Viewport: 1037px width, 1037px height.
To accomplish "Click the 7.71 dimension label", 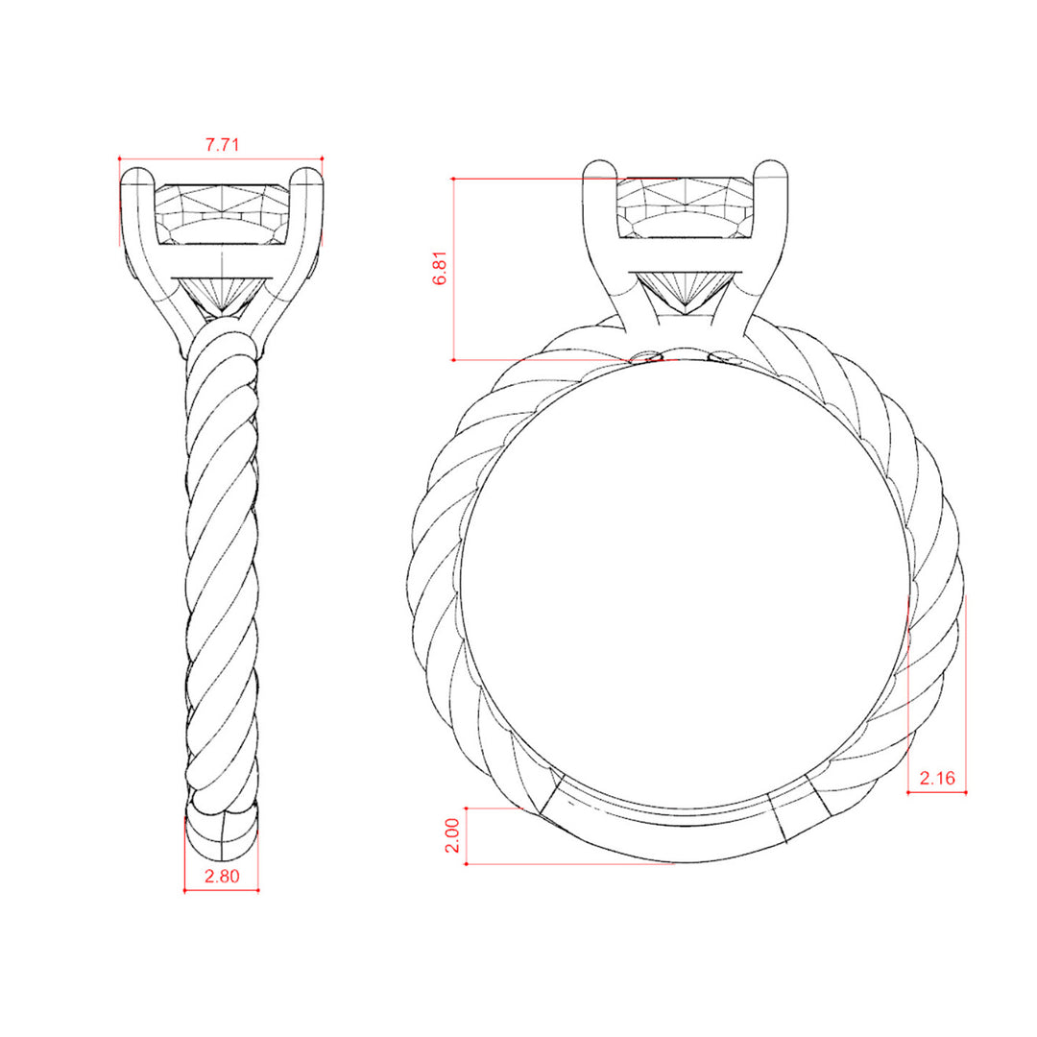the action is click(222, 145).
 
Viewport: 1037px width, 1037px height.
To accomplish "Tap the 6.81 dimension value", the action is click(441, 268).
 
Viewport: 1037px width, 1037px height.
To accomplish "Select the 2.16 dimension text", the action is click(937, 778).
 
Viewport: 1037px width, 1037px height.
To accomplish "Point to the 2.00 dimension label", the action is click(452, 835).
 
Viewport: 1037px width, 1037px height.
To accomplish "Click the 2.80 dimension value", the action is click(222, 876).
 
